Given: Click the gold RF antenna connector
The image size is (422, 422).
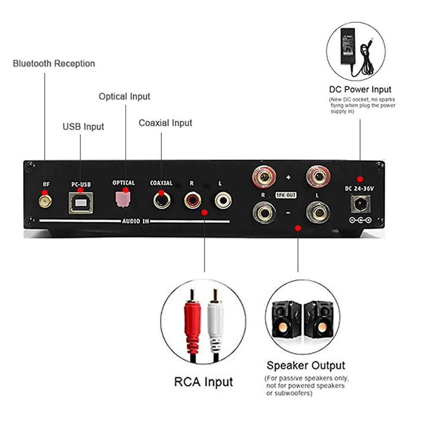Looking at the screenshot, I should coord(44,200).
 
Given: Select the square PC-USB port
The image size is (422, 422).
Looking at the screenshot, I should coord(80,202).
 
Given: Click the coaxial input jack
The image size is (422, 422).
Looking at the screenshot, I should coord(162,200).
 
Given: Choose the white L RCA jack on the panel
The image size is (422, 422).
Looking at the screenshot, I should coord(222,200).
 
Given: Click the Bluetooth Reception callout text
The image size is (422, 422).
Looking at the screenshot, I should coord(54,64).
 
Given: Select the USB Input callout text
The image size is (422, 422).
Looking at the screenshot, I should coord(83,127).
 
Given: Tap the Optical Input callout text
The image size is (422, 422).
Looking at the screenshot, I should coord(124,97).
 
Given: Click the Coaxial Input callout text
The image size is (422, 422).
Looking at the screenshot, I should coord(165,123).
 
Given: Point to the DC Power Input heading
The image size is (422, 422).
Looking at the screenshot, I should coord(360,89).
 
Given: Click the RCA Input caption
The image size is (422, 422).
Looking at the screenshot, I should coord(203,382).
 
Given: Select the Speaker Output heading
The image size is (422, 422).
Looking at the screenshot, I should coord(306,365).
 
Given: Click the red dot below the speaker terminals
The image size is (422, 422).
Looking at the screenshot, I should coord(298,228).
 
